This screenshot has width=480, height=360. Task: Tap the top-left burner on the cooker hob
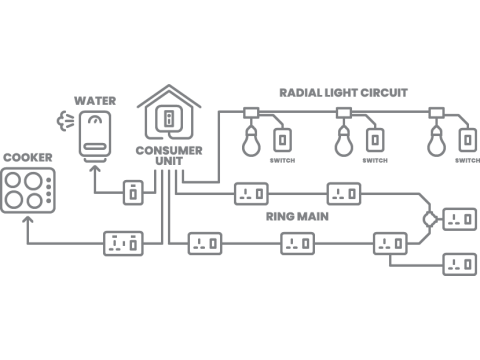pyautogui.click(x=16, y=179)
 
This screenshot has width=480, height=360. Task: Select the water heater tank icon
pyautogui.click(x=96, y=136)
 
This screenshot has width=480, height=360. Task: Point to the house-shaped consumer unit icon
pyautogui.click(x=170, y=115)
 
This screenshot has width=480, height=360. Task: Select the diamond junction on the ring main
pyautogui.click(x=428, y=218)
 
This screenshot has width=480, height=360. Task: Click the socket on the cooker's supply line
pyautogui.click(x=124, y=242)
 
